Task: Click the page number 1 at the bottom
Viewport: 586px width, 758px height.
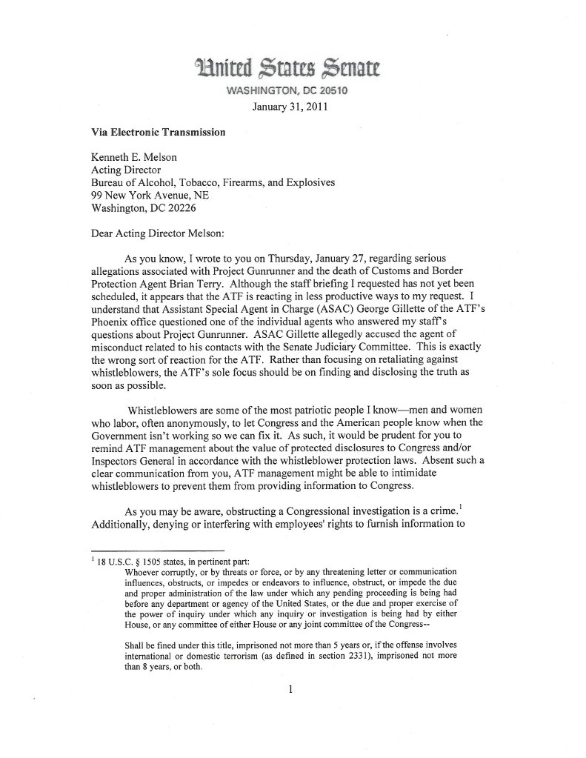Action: (293, 690)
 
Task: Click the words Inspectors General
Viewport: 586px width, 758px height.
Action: (138, 460)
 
